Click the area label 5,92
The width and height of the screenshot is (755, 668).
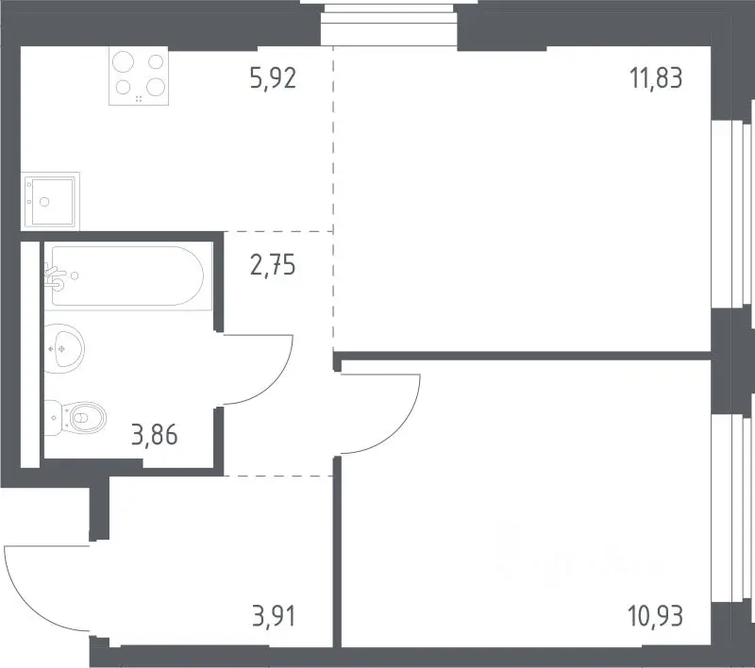click(x=273, y=78)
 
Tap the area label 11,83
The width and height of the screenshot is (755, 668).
click(x=656, y=78)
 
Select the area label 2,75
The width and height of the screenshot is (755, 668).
click(x=273, y=265)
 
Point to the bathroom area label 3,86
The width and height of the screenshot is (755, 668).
click(x=154, y=435)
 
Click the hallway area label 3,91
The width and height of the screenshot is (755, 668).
click(x=274, y=616)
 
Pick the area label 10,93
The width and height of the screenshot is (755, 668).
click(x=655, y=616)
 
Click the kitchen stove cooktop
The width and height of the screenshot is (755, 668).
click(x=139, y=75)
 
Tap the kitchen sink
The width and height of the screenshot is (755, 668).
click(x=50, y=201)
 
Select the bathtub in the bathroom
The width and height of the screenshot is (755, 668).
click(x=128, y=276)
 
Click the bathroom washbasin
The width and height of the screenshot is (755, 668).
click(x=64, y=348)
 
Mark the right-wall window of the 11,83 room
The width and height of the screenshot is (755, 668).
click(x=732, y=214)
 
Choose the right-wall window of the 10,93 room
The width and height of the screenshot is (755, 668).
click(x=732, y=509)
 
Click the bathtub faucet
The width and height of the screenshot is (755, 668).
click(x=55, y=276)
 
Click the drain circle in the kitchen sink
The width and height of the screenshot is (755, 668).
click(x=44, y=202)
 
